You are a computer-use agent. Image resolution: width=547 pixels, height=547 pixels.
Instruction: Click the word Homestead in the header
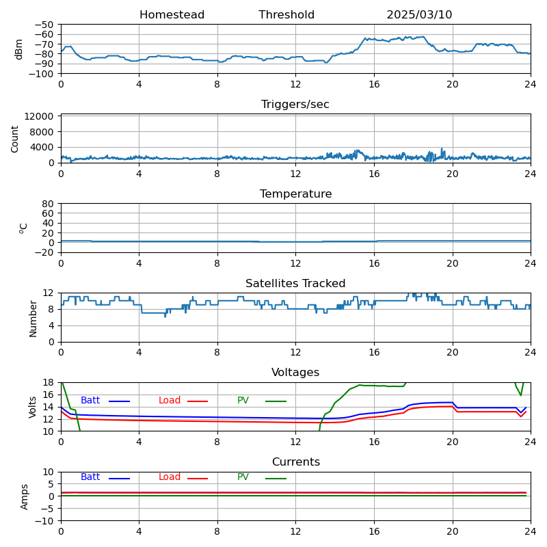(x=172, y=15)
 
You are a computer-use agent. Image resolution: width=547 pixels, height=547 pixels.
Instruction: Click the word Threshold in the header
(x=286, y=15)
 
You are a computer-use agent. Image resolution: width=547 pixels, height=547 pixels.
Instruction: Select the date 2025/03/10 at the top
(x=419, y=15)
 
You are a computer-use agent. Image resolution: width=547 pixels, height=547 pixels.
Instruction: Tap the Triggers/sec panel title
(x=295, y=105)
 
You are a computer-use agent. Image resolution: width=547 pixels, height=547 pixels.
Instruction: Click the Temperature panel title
(x=295, y=194)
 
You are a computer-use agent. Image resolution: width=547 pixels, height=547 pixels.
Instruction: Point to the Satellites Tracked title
(x=295, y=284)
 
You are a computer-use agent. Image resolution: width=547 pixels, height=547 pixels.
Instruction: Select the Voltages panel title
(x=295, y=373)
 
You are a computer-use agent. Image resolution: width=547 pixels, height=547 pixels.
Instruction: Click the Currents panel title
(x=295, y=462)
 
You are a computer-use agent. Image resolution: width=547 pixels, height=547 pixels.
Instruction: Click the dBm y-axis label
(x=18, y=49)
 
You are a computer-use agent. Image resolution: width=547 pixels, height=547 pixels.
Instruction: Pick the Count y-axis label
(x=15, y=138)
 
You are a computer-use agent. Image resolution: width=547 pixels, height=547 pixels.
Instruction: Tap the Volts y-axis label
(x=33, y=406)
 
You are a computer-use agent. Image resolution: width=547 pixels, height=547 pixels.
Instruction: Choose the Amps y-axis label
(x=25, y=496)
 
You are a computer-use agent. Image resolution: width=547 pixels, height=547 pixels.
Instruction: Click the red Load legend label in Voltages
(x=170, y=401)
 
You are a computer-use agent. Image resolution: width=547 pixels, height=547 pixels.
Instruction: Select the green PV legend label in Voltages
(x=243, y=401)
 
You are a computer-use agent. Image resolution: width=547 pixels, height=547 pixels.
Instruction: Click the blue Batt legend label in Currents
(x=90, y=477)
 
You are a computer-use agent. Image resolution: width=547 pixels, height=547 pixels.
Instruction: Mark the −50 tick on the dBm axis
(x=44, y=25)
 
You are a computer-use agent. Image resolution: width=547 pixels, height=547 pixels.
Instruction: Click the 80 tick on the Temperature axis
(x=49, y=204)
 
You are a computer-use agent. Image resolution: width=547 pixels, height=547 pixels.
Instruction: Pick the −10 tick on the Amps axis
(x=44, y=521)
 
